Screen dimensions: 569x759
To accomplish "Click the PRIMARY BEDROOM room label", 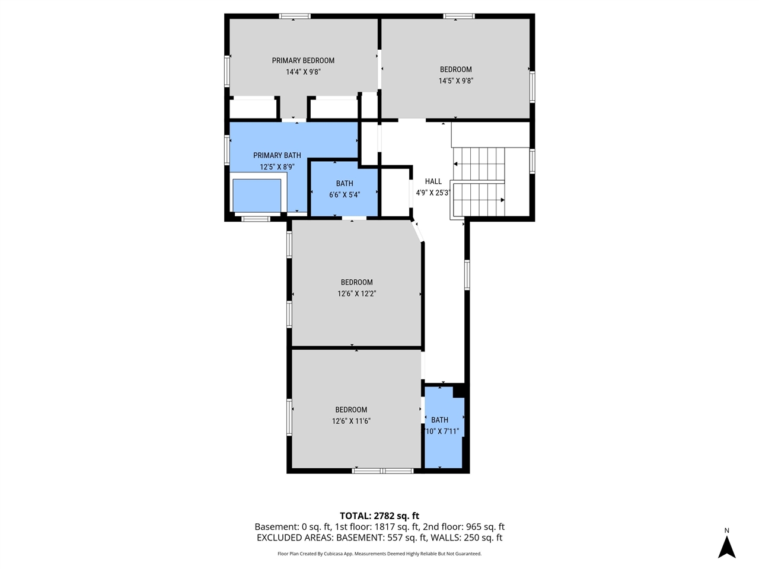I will (x=303, y=60).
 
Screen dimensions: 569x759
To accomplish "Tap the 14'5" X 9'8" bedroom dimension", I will (x=455, y=81).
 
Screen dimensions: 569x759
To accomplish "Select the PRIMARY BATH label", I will (x=277, y=155).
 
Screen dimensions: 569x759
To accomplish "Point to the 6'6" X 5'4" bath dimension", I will (x=345, y=194).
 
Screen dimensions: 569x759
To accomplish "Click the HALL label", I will (x=433, y=181).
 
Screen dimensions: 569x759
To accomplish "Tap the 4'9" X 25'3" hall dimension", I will (x=433, y=193).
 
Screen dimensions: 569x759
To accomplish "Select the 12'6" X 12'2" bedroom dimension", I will (x=356, y=293).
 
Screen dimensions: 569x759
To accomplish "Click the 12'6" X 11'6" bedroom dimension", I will (x=351, y=421).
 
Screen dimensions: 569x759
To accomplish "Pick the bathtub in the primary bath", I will (x=257, y=195).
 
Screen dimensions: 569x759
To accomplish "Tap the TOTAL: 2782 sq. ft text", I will (x=379, y=516).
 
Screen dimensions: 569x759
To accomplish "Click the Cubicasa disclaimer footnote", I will (x=379, y=554).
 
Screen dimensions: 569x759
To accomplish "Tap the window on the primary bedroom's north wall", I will (x=295, y=16).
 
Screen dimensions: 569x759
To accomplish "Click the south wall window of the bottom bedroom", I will (x=382, y=471).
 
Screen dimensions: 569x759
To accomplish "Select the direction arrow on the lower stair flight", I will (x=501, y=200).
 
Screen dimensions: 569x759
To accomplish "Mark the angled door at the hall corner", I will (x=417, y=231).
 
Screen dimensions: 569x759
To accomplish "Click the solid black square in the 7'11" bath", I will (x=459, y=391).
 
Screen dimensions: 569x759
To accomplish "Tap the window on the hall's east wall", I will (x=467, y=275).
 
